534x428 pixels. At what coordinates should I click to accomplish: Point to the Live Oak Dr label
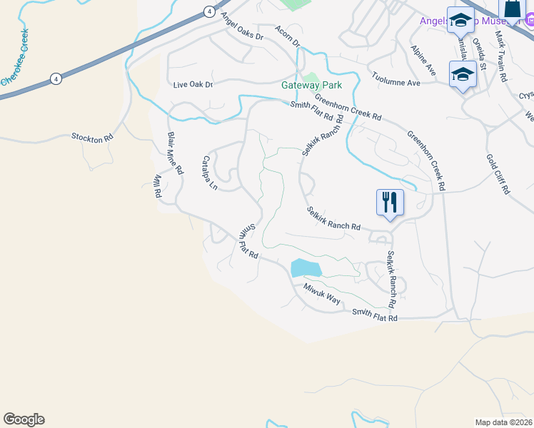[193, 85]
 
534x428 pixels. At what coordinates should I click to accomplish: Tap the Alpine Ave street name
[423, 60]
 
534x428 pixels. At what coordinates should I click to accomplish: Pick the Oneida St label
[479, 56]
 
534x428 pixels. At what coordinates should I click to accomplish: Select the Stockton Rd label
[92, 136]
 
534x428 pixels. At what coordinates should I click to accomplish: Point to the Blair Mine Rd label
[175, 152]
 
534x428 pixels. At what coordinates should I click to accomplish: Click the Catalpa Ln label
[210, 173]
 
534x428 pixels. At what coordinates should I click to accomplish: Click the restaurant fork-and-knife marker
[390, 201]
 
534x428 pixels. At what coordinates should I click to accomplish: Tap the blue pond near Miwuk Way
[306, 268]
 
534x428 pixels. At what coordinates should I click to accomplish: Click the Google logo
[24, 419]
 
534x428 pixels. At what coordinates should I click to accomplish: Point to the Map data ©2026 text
[503, 422]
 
